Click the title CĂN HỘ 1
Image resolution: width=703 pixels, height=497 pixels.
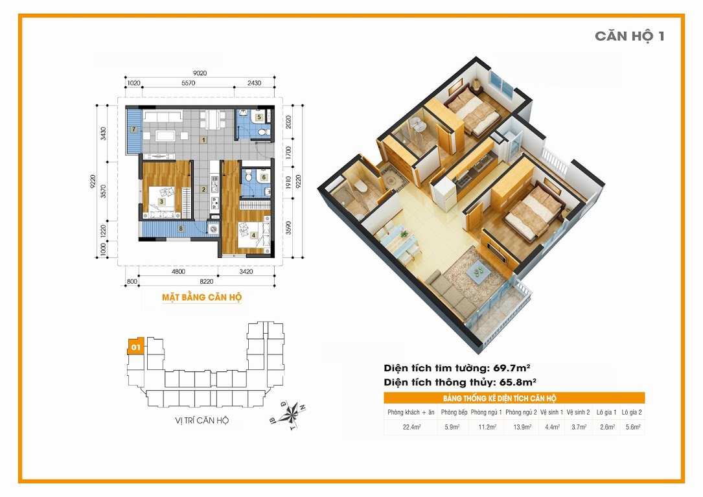click(630, 36)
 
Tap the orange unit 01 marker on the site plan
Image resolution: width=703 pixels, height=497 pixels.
click(136, 346)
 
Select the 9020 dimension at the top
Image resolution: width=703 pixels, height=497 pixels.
click(200, 73)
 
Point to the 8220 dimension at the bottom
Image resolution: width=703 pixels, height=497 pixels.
click(207, 281)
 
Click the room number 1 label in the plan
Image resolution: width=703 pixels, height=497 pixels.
click(203, 140)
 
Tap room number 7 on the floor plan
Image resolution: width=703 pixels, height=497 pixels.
click(133, 130)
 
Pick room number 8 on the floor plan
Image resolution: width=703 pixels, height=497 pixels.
click(181, 228)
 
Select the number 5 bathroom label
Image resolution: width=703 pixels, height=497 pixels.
click(259, 117)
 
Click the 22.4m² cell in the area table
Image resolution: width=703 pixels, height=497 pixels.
click(411, 427)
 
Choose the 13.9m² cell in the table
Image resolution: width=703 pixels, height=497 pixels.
click(522, 427)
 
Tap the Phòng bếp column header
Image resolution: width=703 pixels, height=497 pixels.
click(454, 412)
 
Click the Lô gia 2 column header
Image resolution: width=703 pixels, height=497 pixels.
click(632, 412)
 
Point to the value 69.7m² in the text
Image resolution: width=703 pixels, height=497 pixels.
click(512, 368)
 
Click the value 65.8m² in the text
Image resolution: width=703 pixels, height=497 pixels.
click(518, 382)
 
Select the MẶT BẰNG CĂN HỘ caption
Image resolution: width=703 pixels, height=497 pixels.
click(202, 297)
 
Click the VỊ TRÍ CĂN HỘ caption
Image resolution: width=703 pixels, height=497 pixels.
click(202, 421)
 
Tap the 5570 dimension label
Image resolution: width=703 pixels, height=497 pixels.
click(189, 83)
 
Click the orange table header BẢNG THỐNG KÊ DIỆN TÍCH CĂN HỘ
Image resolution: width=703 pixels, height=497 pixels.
click(500, 399)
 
